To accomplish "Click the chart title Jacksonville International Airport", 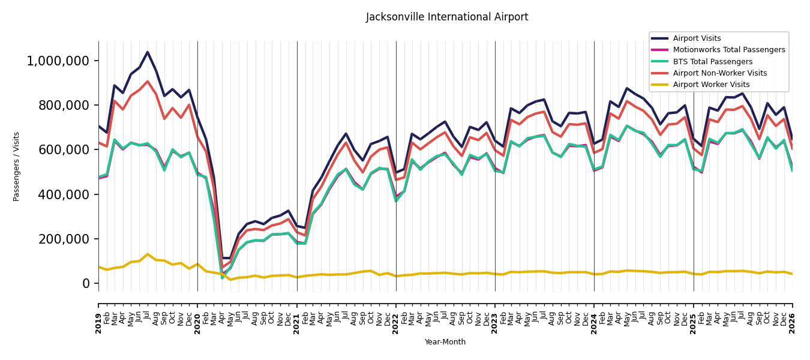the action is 447,17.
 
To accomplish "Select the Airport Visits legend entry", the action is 686,38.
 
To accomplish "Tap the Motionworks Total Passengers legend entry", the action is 718,50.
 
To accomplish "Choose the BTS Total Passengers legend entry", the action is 702,61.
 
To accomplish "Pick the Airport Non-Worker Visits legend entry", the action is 709,73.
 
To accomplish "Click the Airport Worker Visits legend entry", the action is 700,85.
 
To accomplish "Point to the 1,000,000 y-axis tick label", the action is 58,61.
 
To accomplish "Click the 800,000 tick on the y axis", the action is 64,105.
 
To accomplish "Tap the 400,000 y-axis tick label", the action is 64,194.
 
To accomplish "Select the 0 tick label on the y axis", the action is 86,283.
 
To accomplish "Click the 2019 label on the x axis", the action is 98,324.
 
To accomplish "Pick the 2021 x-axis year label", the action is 297,324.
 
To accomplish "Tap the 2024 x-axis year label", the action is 594,324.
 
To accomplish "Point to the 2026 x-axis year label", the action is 793,324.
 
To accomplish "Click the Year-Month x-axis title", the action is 445,342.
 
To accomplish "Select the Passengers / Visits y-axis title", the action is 16,167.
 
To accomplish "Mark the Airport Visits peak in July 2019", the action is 148,52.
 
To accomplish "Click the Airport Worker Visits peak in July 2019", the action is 148,254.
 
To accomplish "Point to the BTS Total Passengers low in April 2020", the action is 223,278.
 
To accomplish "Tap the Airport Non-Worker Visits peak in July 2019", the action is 148,82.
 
